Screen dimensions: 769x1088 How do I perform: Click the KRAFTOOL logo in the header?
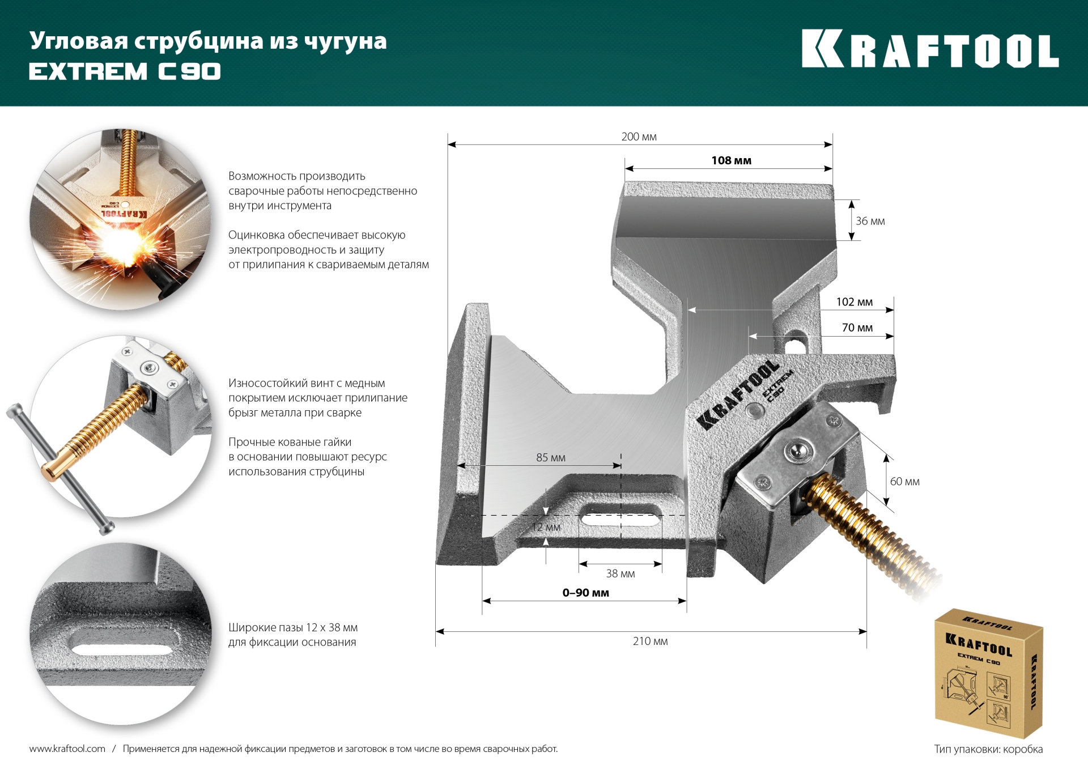929,49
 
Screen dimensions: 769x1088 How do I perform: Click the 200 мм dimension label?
639,137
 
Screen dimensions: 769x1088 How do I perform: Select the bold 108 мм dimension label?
731,160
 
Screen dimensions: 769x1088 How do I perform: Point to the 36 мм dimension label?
870,221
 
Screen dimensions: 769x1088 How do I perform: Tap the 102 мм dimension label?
854,302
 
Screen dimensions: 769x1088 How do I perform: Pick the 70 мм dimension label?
857,328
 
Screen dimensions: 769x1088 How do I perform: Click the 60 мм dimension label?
904,482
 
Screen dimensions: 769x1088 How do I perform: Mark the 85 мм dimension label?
550,457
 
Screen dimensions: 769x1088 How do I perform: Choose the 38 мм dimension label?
620,573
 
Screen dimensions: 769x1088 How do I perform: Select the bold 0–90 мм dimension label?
585,593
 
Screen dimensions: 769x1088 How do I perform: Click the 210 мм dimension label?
650,641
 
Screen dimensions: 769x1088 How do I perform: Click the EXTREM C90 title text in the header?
125,71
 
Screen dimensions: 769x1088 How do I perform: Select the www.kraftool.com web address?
67,749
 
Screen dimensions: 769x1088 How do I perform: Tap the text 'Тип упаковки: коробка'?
988,749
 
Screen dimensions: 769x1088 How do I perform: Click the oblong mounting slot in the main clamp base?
620,516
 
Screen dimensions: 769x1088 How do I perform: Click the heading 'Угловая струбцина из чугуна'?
208,41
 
